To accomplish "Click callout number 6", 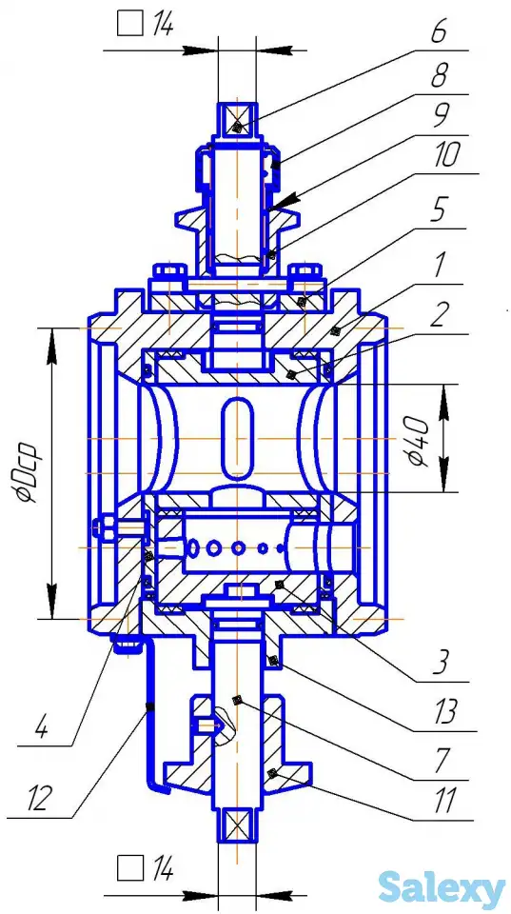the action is [440, 32].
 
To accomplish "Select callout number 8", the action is [441, 76].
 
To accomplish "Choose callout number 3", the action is [441, 664].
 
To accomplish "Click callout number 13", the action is [445, 712].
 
